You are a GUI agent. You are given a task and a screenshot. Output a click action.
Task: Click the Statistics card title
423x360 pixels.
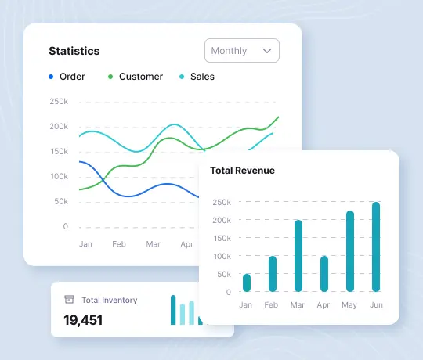point(74,51)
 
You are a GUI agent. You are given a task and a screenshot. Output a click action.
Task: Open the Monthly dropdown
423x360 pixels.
point(241,51)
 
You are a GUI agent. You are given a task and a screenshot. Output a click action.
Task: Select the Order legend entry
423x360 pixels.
point(72,77)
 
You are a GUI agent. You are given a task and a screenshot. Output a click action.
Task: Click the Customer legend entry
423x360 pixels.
point(140,77)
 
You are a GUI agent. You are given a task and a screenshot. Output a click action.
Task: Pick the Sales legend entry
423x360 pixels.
point(202,77)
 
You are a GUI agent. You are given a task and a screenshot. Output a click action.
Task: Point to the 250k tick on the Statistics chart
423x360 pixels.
point(59,102)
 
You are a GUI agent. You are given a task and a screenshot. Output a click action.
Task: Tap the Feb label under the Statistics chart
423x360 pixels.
point(119,244)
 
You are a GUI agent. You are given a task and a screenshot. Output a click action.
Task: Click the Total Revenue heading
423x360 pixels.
point(242,170)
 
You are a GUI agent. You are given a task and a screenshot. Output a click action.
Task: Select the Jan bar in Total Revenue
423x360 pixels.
point(247,283)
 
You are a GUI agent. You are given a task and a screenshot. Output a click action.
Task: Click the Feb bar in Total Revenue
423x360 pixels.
point(273,274)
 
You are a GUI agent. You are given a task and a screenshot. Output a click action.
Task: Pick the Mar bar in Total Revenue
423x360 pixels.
point(298,256)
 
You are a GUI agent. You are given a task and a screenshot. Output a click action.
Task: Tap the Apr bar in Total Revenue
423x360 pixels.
point(324,274)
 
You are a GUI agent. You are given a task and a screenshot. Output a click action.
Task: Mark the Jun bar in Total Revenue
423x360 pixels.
point(376,247)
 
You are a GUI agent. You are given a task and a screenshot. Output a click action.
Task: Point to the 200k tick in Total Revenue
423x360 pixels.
point(222,220)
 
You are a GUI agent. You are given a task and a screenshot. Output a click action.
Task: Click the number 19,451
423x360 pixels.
point(83,319)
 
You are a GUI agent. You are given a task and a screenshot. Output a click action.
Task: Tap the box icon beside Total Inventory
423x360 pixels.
point(69,300)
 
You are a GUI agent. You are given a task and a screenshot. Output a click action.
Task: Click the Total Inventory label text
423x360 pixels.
point(109,300)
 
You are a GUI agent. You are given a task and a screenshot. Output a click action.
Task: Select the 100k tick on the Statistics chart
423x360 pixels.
point(59,177)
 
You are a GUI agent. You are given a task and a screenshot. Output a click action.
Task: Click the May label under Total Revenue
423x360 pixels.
point(350,305)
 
